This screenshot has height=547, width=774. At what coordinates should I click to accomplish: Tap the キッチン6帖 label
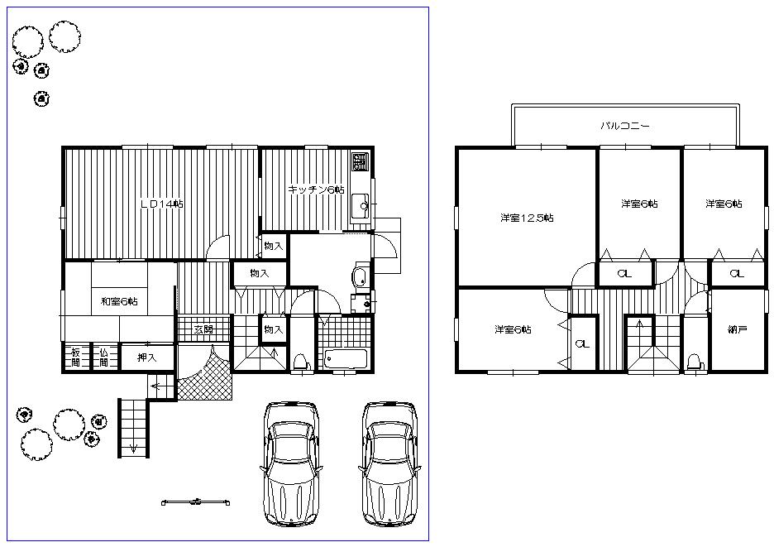click(x=316, y=190)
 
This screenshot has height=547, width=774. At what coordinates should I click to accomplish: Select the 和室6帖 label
click(x=119, y=301)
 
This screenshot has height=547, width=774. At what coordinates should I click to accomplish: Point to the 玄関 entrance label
click(x=203, y=329)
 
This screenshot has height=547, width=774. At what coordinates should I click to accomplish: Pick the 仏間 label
click(x=104, y=357)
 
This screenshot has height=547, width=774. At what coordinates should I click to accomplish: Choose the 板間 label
click(x=75, y=357)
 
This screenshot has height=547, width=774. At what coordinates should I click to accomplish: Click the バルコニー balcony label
click(x=624, y=127)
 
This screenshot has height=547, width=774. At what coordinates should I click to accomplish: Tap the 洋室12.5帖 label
click(x=526, y=218)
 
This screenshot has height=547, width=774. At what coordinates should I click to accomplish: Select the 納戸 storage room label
click(x=738, y=329)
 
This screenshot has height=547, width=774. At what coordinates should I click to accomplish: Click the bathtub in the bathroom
click(x=346, y=359)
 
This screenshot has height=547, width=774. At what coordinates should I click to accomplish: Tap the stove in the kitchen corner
click(x=361, y=160)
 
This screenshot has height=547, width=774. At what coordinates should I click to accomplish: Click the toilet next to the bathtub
click(x=301, y=361)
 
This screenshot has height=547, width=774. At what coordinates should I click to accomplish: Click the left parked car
click(x=291, y=463)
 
